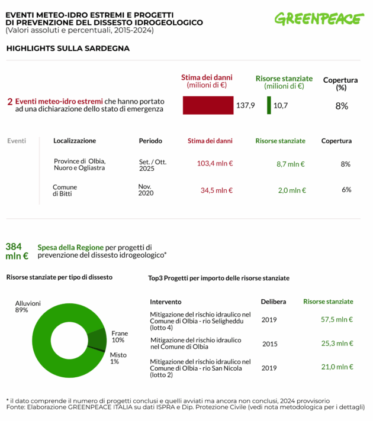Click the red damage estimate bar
[208, 105]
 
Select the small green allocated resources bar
[269, 105]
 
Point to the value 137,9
[246, 105]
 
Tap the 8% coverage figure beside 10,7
[341, 106]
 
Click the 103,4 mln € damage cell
[214, 164]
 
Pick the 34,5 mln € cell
[216, 190]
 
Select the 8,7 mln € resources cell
[291, 164]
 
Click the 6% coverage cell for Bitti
[346, 190]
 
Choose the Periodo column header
[150, 141]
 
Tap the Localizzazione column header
[75, 141]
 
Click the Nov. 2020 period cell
[146, 189]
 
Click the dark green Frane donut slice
[97, 339]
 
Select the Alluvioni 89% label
[28, 306]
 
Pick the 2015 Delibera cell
[269, 343]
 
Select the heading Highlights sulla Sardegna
[67, 48]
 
